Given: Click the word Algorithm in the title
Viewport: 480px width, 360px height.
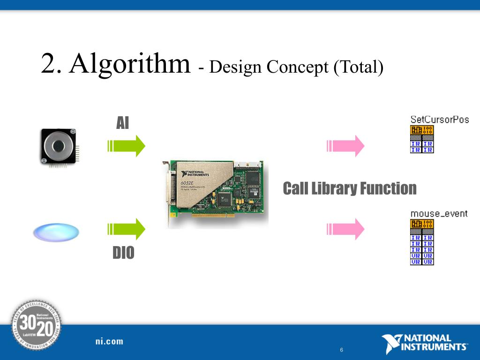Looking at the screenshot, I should coord(130,64).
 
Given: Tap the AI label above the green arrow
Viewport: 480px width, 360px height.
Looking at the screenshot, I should coord(122,123).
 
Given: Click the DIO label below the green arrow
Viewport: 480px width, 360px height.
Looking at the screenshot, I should coord(123,253).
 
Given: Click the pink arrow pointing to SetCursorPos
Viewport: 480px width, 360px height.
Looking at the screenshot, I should coord(345,146).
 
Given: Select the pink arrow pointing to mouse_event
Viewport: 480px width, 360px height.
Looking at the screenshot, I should coord(345,229).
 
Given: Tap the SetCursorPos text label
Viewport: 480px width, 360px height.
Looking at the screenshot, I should coord(440,120).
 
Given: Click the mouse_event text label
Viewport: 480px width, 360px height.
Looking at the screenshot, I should coord(439,214).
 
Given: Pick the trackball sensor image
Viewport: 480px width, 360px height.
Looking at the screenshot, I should coord(58,147).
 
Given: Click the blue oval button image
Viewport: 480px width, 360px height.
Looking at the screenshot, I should coord(56,232).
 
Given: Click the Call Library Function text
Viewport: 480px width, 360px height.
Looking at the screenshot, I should coord(350,188).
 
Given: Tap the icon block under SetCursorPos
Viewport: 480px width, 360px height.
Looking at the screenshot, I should coord(422,139).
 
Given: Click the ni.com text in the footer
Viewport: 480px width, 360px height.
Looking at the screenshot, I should coord(109,341).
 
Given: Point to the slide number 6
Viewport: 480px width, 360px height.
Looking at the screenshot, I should coord(341,350).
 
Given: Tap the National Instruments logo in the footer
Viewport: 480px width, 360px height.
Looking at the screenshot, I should coord(424,343).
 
